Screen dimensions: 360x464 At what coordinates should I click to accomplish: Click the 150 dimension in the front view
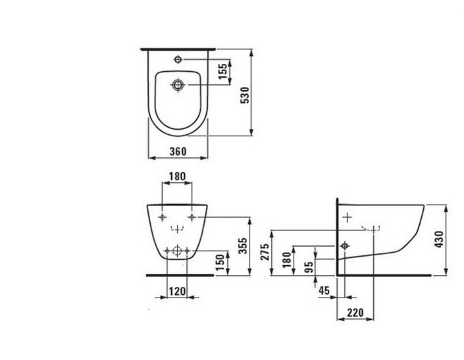[223, 261]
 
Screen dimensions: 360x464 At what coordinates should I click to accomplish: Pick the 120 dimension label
[176, 290]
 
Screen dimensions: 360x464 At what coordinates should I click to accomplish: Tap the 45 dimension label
[323, 289]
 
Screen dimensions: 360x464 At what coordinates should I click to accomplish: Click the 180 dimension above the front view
[177, 177]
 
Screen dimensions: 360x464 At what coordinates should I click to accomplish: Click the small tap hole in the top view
[177, 60]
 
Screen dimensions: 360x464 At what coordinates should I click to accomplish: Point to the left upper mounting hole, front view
[162, 216]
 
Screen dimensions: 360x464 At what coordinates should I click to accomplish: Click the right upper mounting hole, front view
[192, 216]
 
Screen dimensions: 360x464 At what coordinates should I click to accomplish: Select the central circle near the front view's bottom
[176, 249]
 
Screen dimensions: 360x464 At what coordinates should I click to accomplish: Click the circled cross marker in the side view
[343, 246]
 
